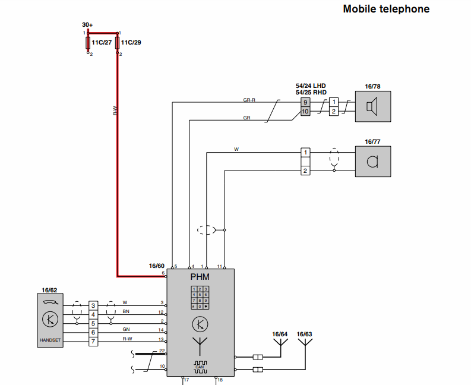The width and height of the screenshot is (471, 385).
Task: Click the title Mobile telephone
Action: coord(386,9)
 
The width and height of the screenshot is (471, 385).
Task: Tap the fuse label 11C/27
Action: coord(102,43)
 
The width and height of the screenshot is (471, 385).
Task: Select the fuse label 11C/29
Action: coord(131,43)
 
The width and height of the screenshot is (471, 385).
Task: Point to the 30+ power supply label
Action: coord(87,25)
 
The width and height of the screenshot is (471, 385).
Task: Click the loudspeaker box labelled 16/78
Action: coord(373,107)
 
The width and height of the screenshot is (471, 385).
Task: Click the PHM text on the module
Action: coord(200,276)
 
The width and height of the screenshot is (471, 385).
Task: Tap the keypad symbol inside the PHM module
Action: coord(200,297)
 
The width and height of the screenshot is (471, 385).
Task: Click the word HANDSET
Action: coord(49,340)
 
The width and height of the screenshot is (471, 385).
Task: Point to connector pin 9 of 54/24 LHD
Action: coord(305,102)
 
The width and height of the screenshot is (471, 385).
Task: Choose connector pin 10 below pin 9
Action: coord(305,111)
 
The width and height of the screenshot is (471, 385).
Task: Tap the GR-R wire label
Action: coord(249,100)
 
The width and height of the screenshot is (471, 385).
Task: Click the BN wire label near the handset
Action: coord(126,311)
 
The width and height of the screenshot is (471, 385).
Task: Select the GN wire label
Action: coord(126,329)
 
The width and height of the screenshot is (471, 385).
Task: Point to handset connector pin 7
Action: coord(93,341)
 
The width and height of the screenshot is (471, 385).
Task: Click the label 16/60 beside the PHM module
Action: coord(156,266)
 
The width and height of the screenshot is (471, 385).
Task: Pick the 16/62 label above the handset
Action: coord(49,291)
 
